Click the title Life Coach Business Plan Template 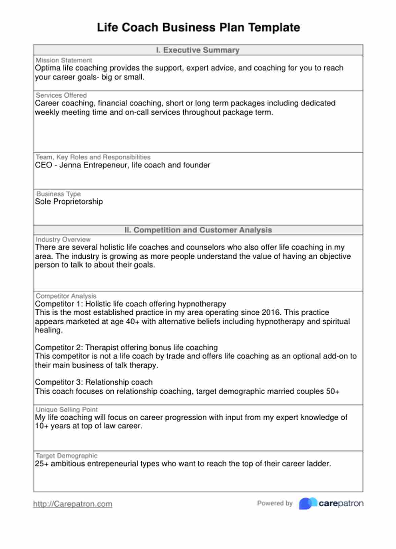click(198, 27)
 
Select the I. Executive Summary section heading click(198, 50)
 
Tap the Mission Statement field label click(64, 60)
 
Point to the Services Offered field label click(61, 95)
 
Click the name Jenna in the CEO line click(70, 165)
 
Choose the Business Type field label click(59, 194)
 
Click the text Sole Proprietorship click(69, 202)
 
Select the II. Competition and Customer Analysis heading click(198, 230)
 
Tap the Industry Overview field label click(63, 239)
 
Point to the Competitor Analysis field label click(66, 296)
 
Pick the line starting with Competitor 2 click(126, 348)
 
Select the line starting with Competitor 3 click(94, 382)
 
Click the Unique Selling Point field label click(67, 410)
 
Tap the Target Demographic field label click(67, 456)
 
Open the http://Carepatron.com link click(73, 504)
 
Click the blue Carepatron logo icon click(308, 503)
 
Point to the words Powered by click(275, 503)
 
